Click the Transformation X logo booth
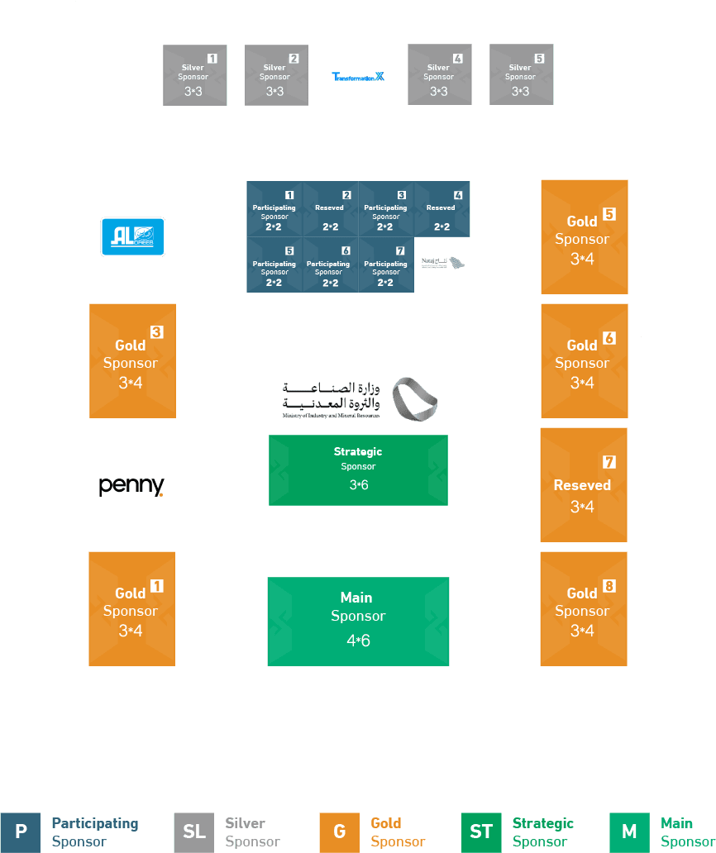coord(358,76)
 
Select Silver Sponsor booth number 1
coord(194,75)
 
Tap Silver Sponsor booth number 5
coord(521,75)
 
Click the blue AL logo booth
coord(132,236)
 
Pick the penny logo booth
coord(132,485)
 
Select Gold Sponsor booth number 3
coord(132,361)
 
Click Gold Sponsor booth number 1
coord(132,609)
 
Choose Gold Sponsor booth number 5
coord(584,237)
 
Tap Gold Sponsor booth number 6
coord(584,361)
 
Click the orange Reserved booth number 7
coord(584,485)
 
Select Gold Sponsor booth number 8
coord(584,609)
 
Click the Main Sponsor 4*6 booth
coord(358,622)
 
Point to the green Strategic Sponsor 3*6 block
coord(358,469)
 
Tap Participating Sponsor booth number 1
coord(274,210)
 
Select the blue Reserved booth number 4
coord(442,210)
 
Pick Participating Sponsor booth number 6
coord(330,266)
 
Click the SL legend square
coord(194,832)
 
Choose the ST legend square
coord(481,832)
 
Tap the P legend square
coord(21,832)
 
